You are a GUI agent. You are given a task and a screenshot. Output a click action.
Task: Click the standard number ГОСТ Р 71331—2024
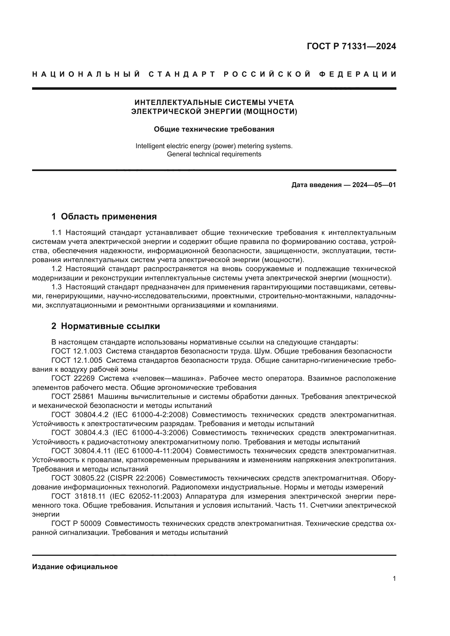(x=351, y=46)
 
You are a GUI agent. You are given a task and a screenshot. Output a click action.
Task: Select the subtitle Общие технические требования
(x=214, y=129)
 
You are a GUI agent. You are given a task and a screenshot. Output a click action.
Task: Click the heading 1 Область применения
(x=104, y=216)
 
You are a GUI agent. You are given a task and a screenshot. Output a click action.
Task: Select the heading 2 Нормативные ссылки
(x=106, y=326)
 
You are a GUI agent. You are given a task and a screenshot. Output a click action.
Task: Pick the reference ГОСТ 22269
(x=73, y=379)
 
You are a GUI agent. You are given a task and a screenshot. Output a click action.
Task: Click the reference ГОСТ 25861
(x=73, y=397)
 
